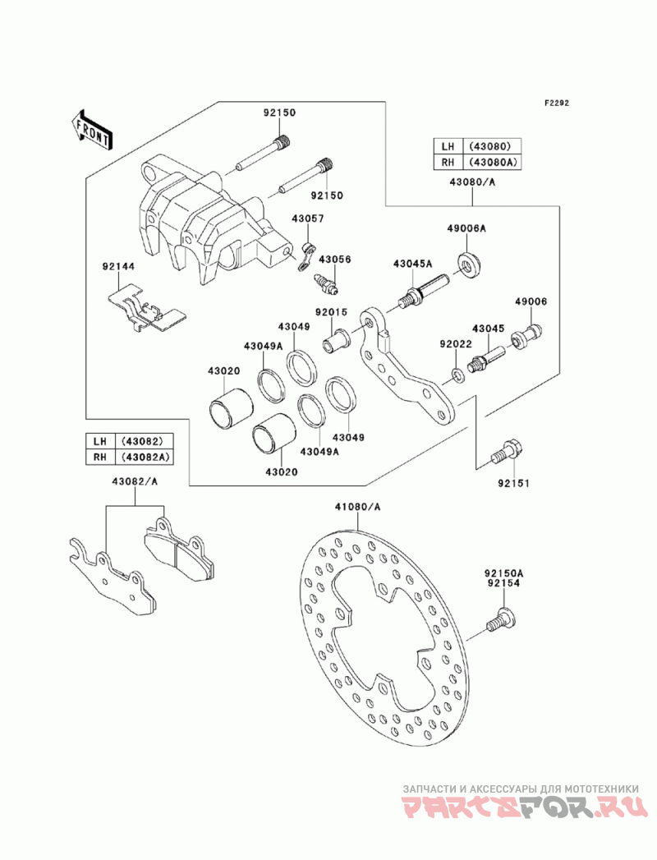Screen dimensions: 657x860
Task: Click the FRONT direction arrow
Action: click(91, 131)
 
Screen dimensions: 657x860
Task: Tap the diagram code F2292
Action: click(557, 103)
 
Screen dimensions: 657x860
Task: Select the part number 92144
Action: click(118, 266)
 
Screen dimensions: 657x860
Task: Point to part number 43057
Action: click(308, 218)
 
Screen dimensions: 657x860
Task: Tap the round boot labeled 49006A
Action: click(470, 264)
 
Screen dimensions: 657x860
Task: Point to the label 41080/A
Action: click(357, 507)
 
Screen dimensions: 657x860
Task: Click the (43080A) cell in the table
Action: click(492, 163)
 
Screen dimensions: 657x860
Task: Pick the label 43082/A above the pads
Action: click(135, 481)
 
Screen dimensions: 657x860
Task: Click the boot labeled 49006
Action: click(526, 335)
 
